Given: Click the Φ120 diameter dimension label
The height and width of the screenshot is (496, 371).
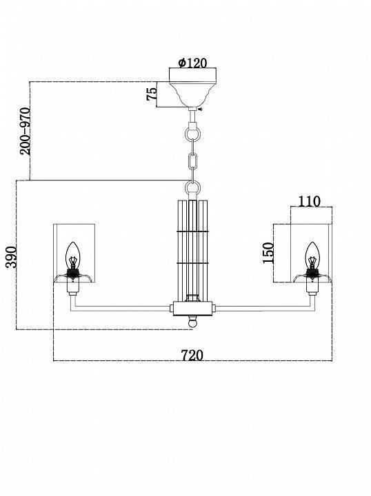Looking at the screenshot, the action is [192, 63].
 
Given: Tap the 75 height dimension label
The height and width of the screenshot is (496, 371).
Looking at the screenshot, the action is [152, 94].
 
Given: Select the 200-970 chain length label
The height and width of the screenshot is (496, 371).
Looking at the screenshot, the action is [26, 132].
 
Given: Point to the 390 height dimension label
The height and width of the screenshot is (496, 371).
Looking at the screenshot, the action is [12, 256].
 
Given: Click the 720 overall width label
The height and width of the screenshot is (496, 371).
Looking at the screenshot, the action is [192, 355].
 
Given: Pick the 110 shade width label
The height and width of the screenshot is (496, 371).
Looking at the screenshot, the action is [309, 201].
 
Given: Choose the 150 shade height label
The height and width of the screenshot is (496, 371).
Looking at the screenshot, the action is [268, 253].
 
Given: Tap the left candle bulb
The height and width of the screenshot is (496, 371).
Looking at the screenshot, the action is [73, 256].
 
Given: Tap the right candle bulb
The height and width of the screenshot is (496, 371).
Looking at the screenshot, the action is [312, 256].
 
